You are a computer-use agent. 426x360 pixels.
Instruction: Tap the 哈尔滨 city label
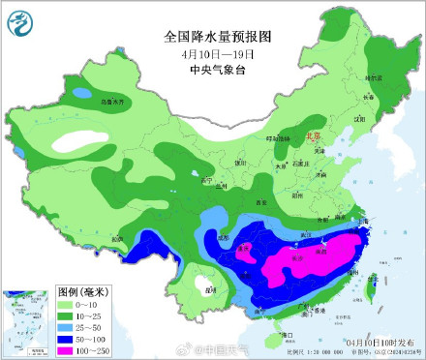tap(375, 76)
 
